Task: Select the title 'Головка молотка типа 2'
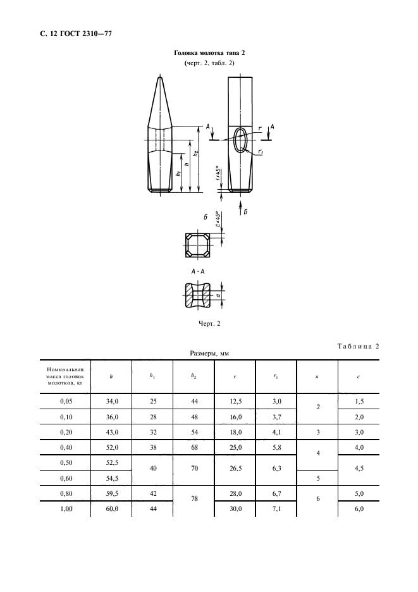[x=209, y=54]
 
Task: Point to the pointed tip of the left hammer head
[x=159, y=78]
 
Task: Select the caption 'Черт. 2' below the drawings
[x=209, y=324]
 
